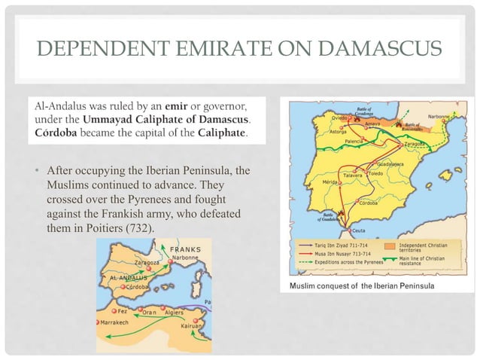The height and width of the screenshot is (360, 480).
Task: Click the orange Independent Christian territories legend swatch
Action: [389, 246]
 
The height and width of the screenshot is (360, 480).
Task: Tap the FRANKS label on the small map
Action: [184, 249]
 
